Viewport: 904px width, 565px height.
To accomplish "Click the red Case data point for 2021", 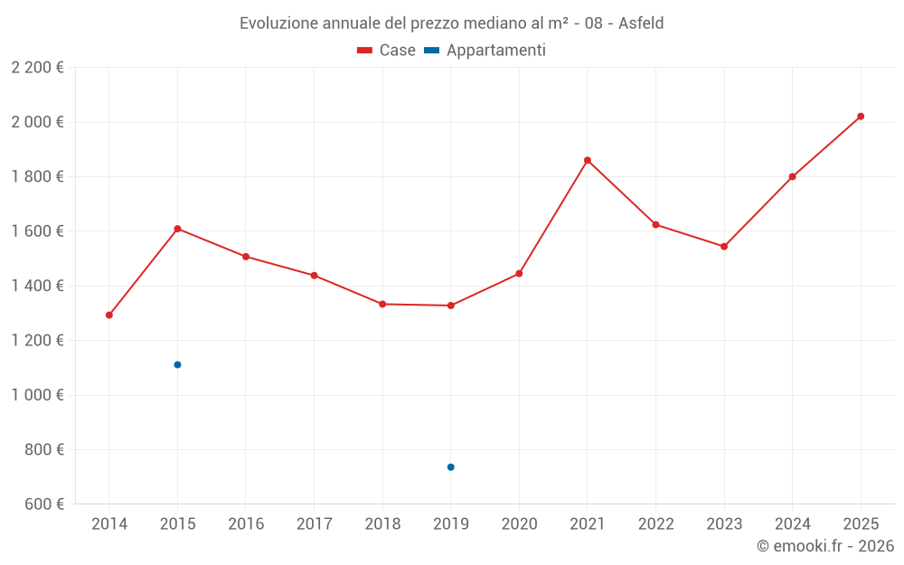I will pyautogui.click(x=588, y=160).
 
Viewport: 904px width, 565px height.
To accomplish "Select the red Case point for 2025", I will pyautogui.click(x=861, y=116).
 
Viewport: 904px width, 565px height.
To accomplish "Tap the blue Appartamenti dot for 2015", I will pyautogui.click(x=177, y=364).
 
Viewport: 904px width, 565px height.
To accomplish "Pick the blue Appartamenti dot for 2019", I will pyautogui.click(x=450, y=466).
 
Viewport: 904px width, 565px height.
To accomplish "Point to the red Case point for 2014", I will pyautogui.click(x=109, y=315).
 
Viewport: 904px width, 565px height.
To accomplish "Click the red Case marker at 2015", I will pyautogui.click(x=177, y=229).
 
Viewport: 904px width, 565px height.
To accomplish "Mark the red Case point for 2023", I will pyautogui.click(x=724, y=246).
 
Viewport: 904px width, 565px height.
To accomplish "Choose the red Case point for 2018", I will pyautogui.click(x=382, y=304).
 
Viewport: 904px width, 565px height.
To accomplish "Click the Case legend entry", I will pyautogui.click(x=386, y=51).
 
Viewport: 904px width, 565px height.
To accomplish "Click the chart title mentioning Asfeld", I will pyautogui.click(x=451, y=24).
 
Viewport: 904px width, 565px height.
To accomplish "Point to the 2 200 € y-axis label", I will pyautogui.click(x=37, y=68).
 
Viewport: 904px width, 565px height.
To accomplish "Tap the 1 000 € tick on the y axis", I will pyautogui.click(x=37, y=395).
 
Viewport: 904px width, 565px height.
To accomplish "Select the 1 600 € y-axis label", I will pyautogui.click(x=37, y=231).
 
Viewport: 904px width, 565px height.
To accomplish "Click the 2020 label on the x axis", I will pyautogui.click(x=519, y=523).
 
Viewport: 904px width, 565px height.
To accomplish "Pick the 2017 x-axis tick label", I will pyautogui.click(x=314, y=523).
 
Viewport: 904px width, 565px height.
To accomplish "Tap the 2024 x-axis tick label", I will pyautogui.click(x=792, y=523).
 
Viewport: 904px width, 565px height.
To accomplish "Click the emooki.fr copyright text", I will pyautogui.click(x=824, y=546).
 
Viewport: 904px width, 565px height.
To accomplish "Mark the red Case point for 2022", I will pyautogui.click(x=655, y=224).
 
